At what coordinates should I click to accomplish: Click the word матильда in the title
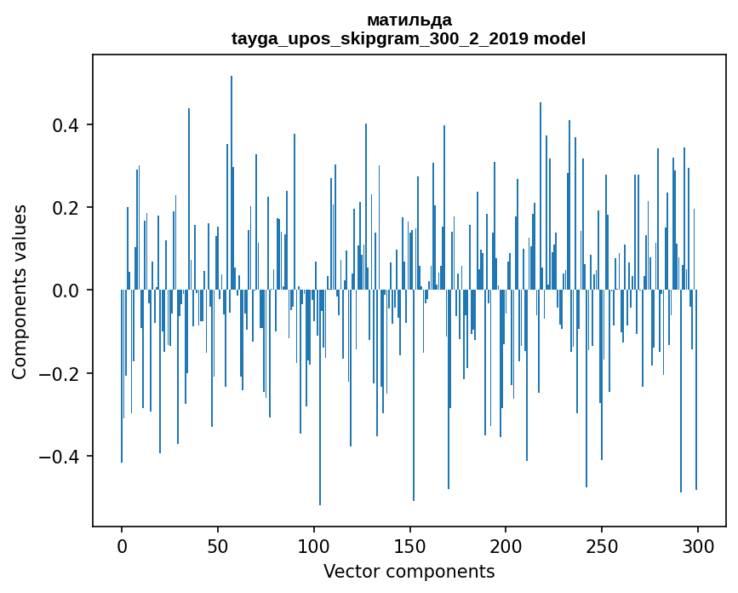pos(409,20)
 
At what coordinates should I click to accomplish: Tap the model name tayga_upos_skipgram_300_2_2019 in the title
pos(380,38)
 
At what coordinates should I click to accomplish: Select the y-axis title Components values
pos(20,291)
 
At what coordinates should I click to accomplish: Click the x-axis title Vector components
pos(409,572)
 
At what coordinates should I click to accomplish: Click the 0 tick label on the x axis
pos(122,546)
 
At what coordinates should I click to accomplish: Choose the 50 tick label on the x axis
pos(218,546)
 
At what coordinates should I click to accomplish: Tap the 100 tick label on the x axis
pos(314,546)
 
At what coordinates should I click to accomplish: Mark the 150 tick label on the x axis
pos(409,546)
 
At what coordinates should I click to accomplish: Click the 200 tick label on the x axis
pos(506,546)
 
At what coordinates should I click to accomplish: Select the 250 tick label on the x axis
pos(602,546)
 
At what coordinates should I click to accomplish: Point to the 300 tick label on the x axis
pos(698,546)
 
